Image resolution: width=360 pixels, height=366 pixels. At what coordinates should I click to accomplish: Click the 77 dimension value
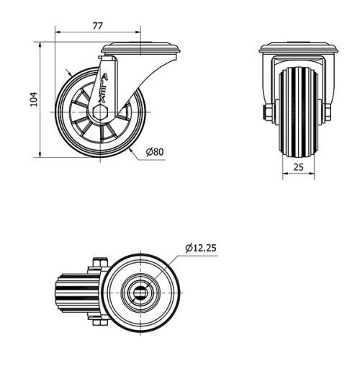tap(98, 25)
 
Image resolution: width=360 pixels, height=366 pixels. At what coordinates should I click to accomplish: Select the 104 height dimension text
tap(32, 99)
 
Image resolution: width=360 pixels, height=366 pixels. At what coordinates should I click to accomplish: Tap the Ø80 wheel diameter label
tap(155, 152)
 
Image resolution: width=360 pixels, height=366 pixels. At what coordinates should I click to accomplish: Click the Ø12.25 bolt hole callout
tap(200, 248)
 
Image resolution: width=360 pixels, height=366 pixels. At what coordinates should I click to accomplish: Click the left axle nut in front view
tap(267, 112)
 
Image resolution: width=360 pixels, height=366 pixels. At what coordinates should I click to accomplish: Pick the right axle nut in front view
tap(327, 112)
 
